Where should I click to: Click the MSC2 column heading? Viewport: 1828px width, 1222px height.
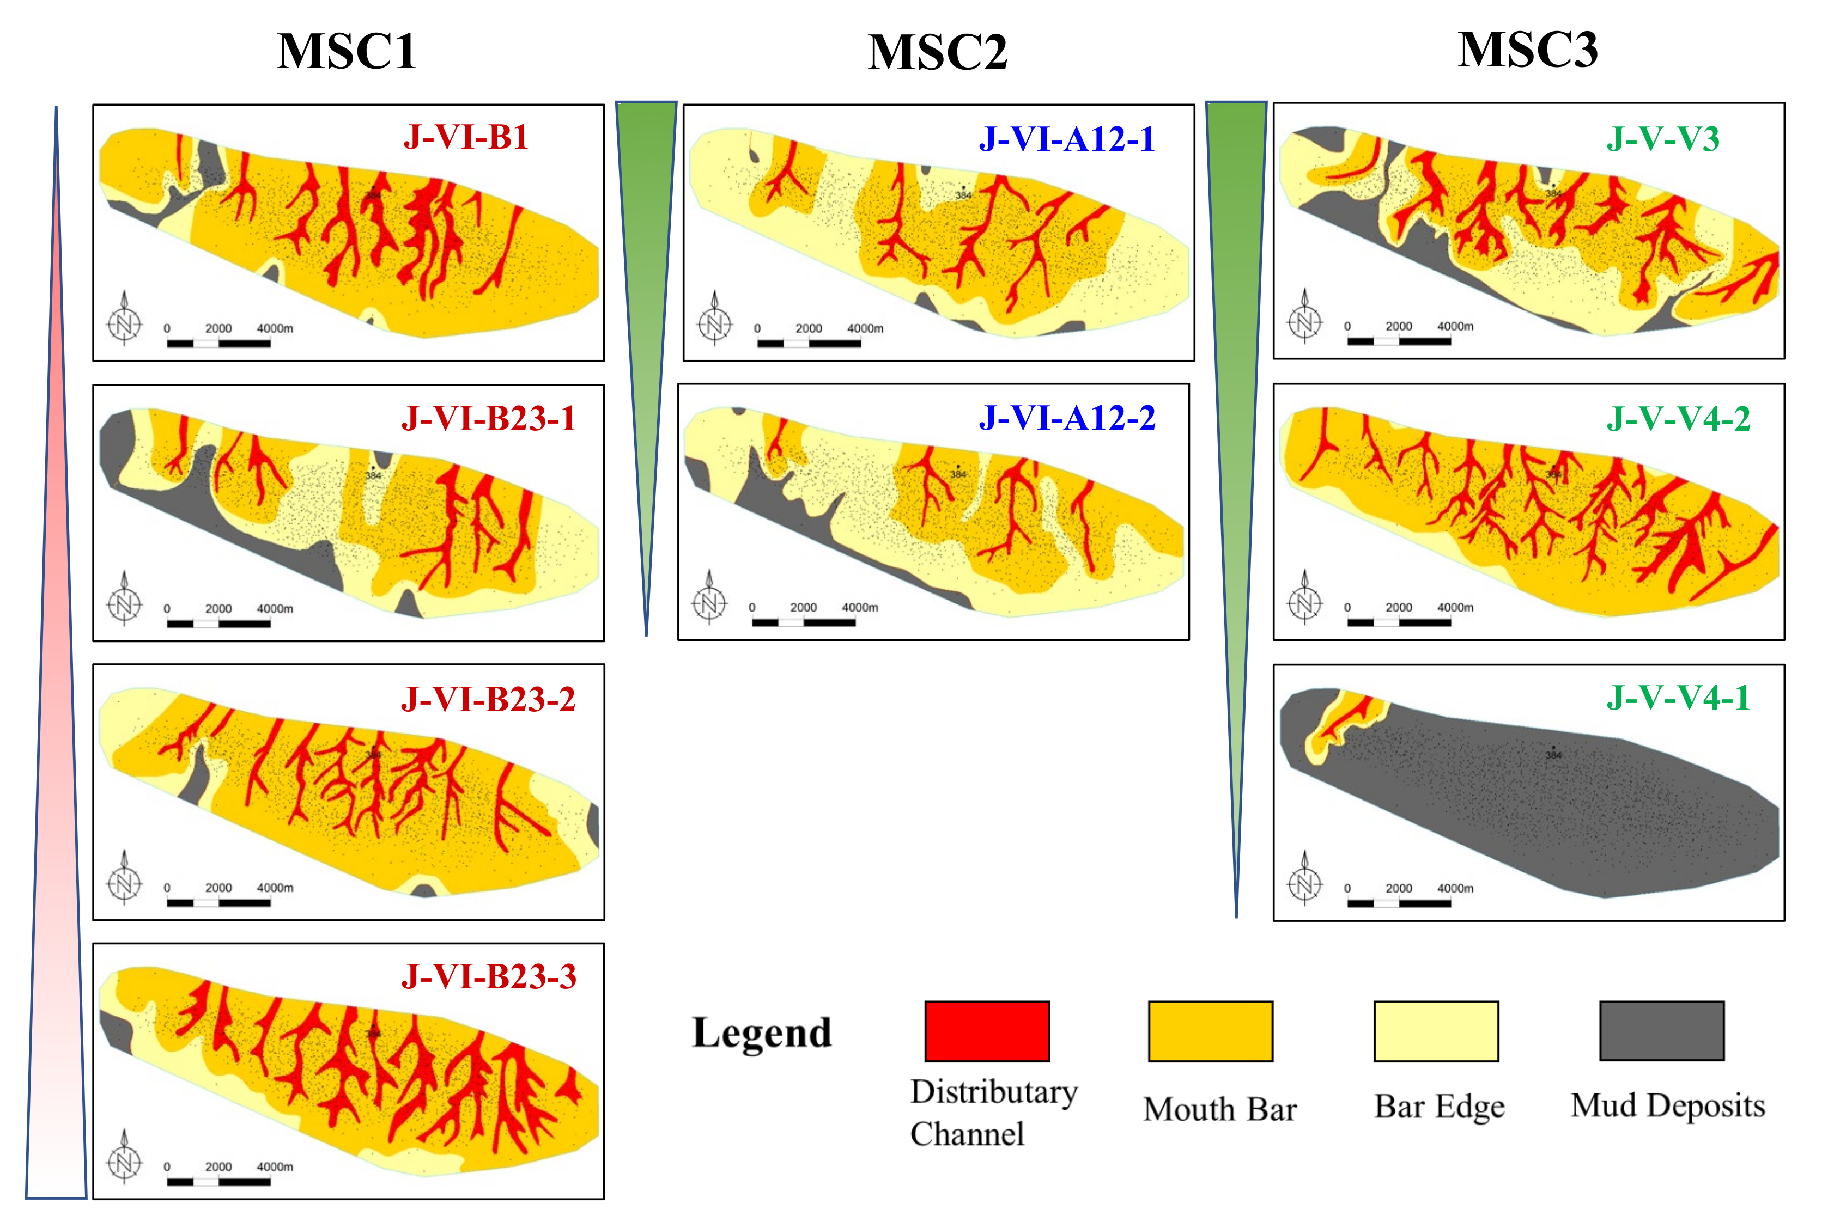point(937,53)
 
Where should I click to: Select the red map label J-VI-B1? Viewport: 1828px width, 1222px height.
point(465,137)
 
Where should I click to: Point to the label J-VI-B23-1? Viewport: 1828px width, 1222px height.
point(488,419)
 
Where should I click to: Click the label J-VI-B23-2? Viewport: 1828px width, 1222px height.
point(488,699)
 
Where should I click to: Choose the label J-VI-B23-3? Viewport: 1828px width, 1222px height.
point(489,976)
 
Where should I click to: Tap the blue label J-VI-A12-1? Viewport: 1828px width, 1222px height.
point(1066,139)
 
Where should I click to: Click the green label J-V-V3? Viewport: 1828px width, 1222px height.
point(1663,139)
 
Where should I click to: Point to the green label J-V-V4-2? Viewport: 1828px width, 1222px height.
point(1678,419)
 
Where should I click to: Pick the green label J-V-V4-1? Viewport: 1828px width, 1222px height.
point(1678,698)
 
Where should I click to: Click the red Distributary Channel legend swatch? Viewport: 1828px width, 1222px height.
point(987,1031)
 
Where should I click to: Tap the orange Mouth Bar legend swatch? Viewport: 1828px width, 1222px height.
point(1211,1031)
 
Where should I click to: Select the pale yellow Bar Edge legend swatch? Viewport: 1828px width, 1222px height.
point(1436,1031)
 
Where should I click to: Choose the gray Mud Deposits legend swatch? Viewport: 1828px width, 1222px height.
point(1662,1031)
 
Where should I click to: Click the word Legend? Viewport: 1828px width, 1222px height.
point(762,1032)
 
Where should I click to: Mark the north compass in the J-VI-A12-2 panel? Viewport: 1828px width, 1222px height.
point(709,600)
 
